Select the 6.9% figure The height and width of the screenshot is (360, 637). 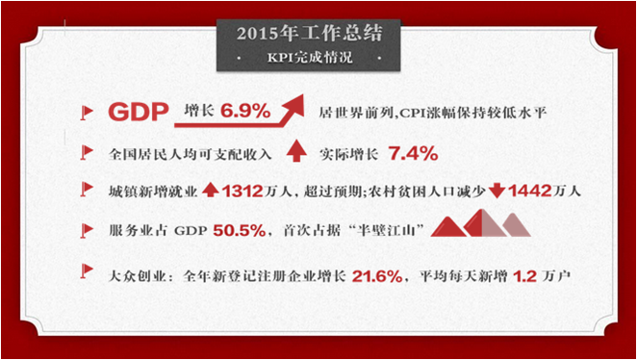(245, 112)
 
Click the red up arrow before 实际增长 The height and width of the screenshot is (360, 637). (296, 151)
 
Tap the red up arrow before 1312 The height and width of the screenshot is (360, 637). (210, 191)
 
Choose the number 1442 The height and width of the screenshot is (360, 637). (532, 191)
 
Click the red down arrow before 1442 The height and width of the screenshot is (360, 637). (497, 191)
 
